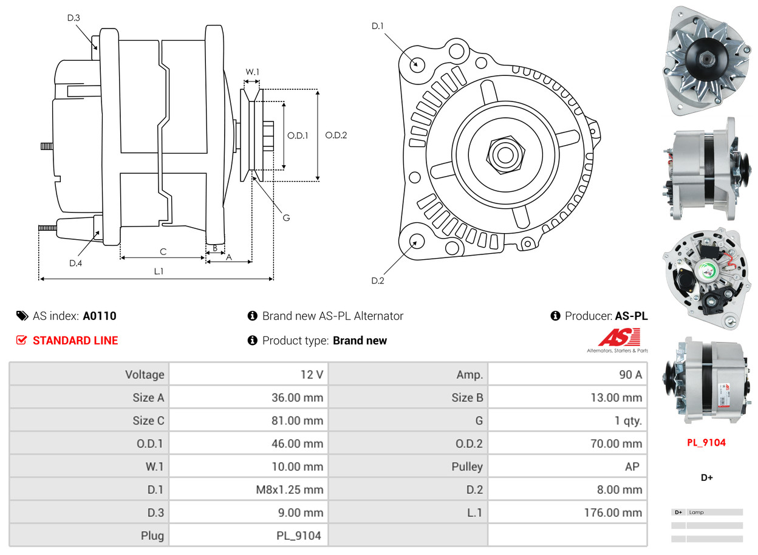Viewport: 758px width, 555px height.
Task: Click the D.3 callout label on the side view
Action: click(x=73, y=18)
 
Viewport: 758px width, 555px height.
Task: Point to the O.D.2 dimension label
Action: click(x=336, y=135)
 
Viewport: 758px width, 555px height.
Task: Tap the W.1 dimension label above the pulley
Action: click(x=252, y=72)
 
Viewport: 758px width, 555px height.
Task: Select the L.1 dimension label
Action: click(x=159, y=271)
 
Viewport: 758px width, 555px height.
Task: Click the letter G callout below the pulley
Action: click(x=286, y=217)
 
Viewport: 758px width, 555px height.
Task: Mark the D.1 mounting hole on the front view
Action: click(x=417, y=64)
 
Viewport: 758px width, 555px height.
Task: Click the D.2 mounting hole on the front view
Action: click(x=416, y=241)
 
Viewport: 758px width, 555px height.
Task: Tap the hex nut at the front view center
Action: click(x=503, y=154)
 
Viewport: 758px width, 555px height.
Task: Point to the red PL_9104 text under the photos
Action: click(x=706, y=443)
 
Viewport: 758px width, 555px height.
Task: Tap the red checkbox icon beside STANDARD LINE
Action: click(x=22, y=341)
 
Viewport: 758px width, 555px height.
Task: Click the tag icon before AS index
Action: click(x=22, y=316)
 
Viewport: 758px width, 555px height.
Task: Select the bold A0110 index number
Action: click(x=100, y=316)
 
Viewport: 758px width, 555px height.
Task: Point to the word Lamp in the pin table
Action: click(x=696, y=512)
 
